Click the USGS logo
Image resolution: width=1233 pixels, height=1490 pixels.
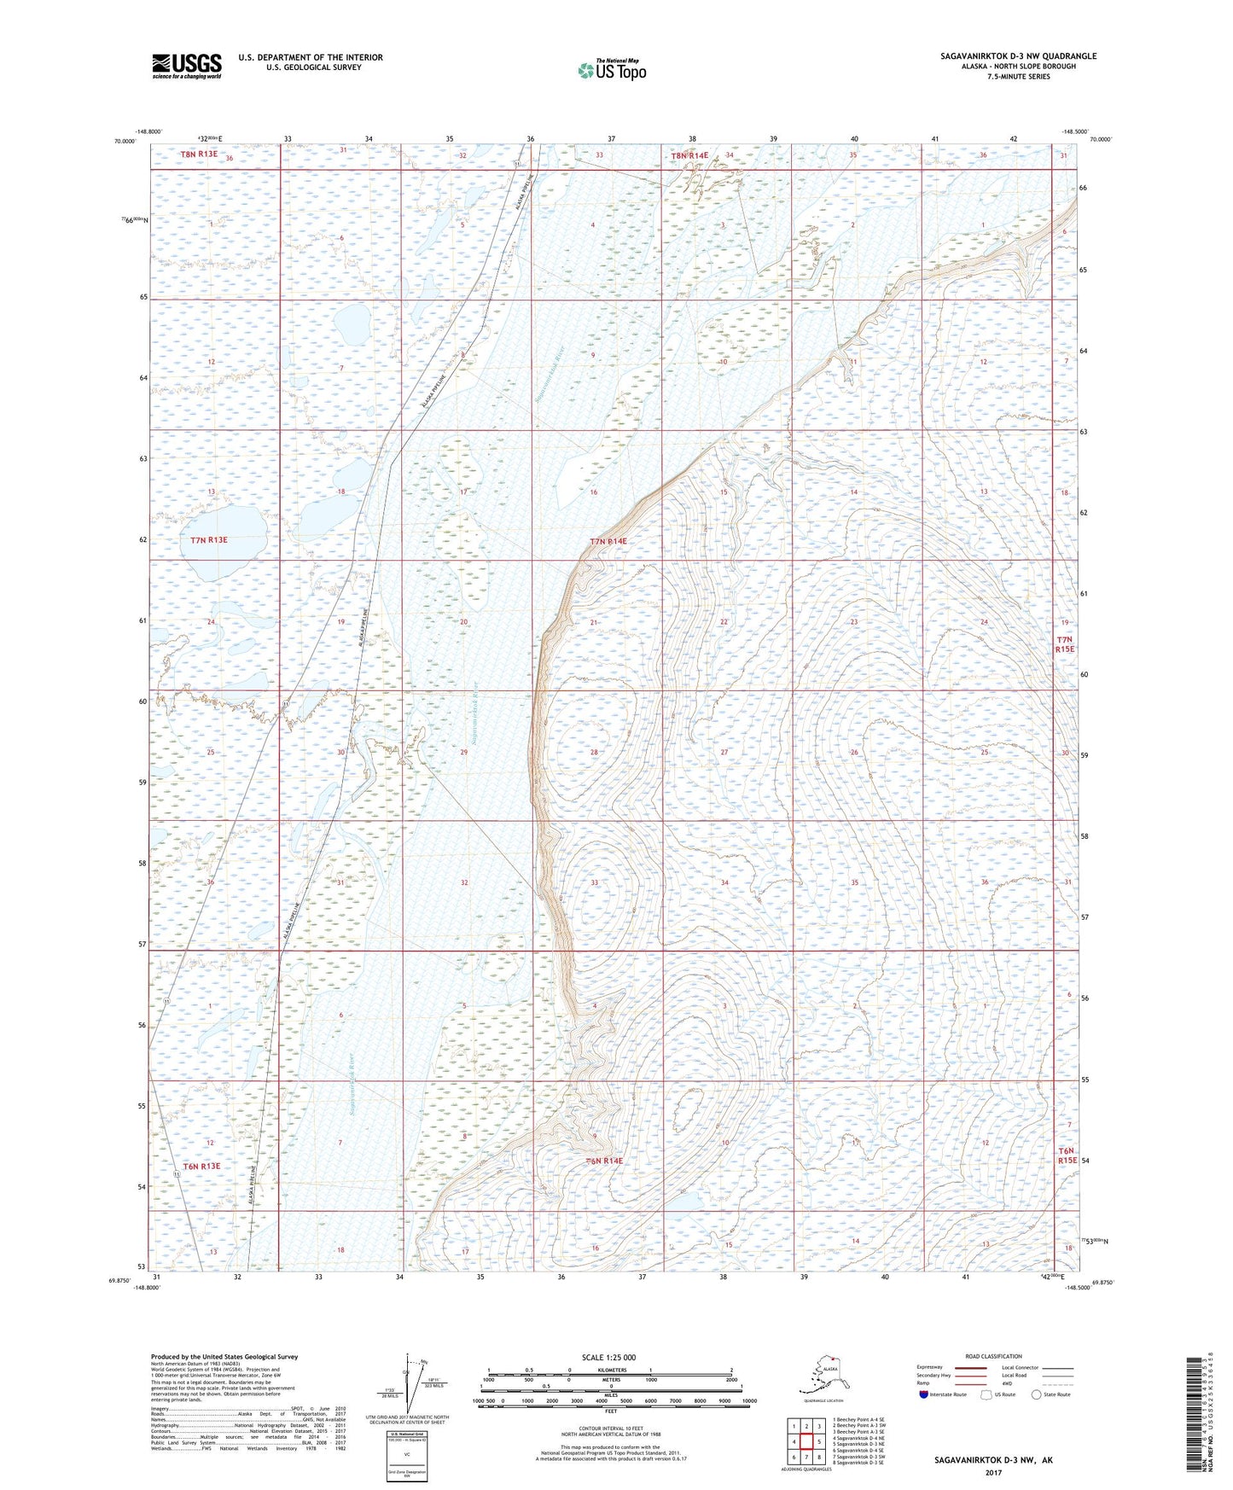pyautogui.click(x=186, y=66)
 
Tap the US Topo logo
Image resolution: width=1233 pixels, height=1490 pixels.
pyautogui.click(x=611, y=70)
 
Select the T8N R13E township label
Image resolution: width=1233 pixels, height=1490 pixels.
pyautogui.click(x=199, y=154)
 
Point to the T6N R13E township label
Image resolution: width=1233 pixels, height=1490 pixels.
pyautogui.click(x=201, y=1166)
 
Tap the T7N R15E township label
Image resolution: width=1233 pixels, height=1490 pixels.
pyautogui.click(x=1064, y=644)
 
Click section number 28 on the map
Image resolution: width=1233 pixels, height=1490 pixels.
pyautogui.click(x=594, y=753)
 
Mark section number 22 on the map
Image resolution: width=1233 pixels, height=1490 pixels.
pyautogui.click(x=724, y=622)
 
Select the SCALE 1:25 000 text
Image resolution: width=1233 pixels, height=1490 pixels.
pyautogui.click(x=608, y=1357)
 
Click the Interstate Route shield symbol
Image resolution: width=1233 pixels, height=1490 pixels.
pyautogui.click(x=923, y=1394)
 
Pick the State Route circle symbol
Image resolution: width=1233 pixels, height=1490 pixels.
pyautogui.click(x=1037, y=1394)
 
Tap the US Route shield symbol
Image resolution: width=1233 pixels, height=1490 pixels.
pyautogui.click(x=988, y=1394)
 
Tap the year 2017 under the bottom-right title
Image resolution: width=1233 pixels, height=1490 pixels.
pyautogui.click(x=992, y=1472)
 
